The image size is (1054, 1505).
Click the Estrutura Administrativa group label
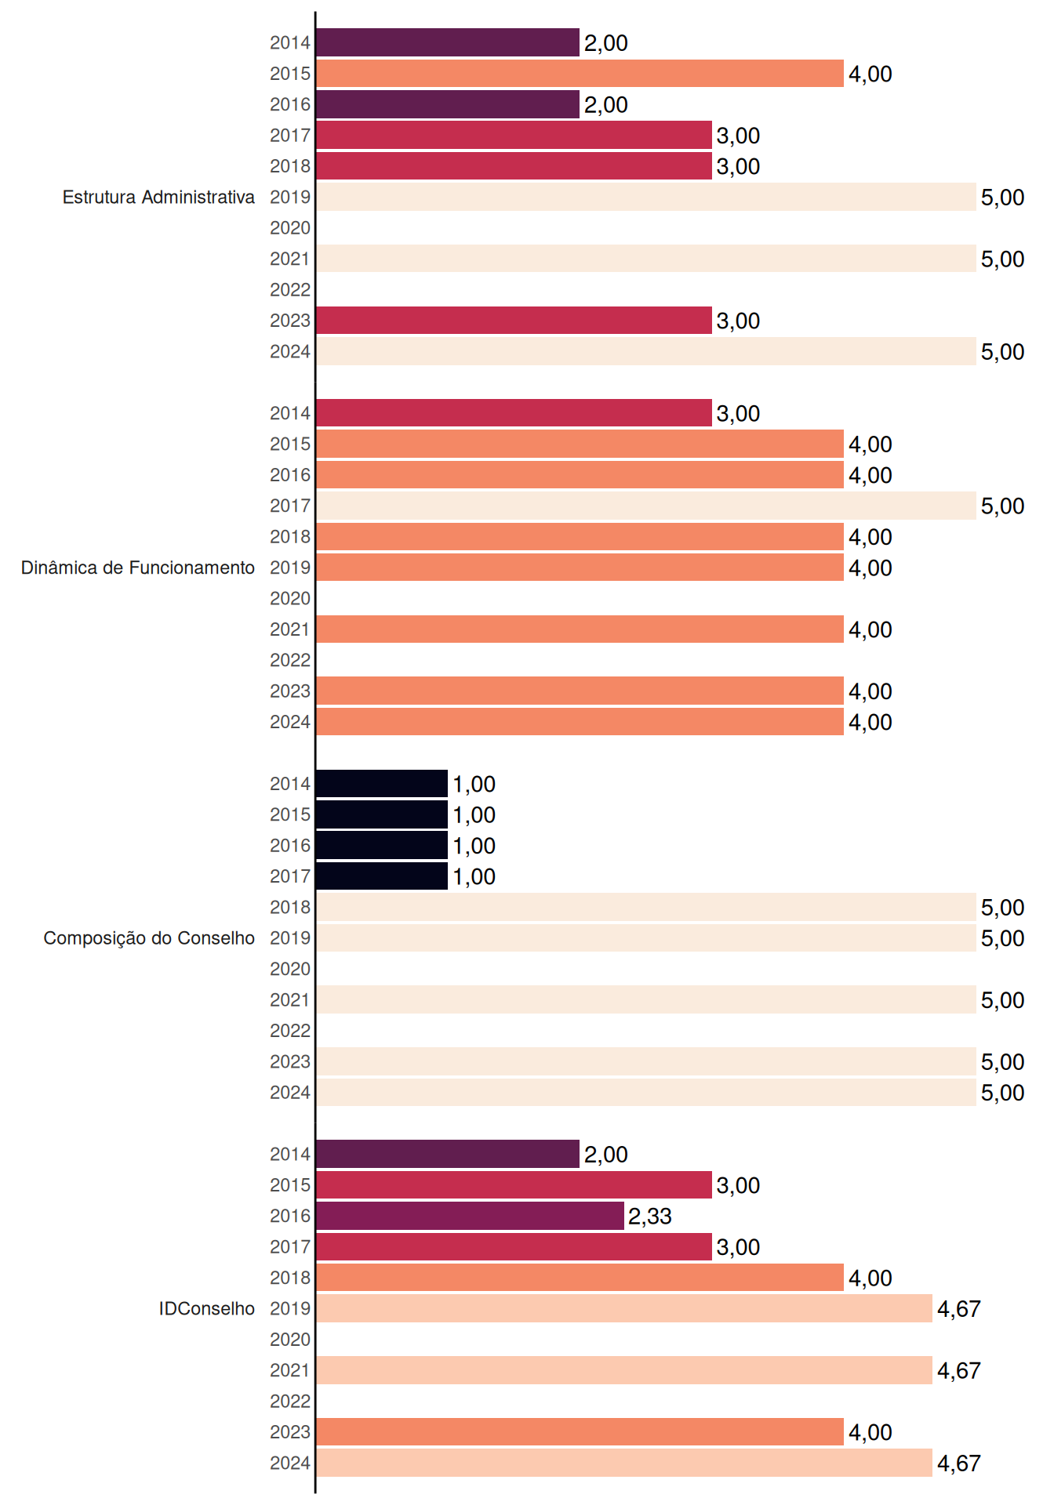pos(158,197)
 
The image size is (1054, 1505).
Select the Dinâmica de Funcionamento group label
pos(138,568)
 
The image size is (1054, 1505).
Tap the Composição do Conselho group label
pos(149,938)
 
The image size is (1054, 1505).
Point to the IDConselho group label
pos(207,1308)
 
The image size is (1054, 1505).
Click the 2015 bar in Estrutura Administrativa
pos(580,74)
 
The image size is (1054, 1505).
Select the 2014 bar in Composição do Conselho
pos(382,784)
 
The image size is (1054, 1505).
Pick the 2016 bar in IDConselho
pos(470,1216)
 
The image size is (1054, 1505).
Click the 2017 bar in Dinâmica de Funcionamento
pos(646,506)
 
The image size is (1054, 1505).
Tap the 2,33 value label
pos(650,1217)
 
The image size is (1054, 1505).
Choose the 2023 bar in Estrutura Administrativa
pos(514,321)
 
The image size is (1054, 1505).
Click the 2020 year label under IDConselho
pos(290,1340)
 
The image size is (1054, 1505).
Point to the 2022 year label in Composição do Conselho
pos(290,1031)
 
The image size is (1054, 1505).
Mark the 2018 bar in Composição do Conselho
pos(646,907)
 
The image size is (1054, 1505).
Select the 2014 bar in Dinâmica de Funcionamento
pos(514,413)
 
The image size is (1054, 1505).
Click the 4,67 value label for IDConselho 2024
pos(959,1463)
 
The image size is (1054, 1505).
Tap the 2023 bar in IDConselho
pos(580,1432)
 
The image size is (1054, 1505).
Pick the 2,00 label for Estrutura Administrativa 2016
pos(606,105)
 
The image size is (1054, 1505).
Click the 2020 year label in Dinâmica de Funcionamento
pos(290,599)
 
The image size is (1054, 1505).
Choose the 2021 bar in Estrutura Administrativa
pos(646,259)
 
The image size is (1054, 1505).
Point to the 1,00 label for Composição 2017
pos(474,877)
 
